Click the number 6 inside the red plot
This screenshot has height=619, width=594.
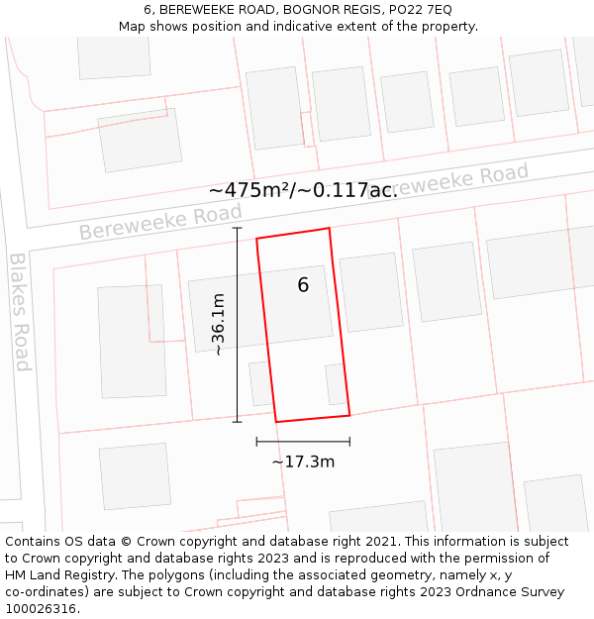tap(303, 285)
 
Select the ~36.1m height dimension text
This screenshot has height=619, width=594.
tap(219, 324)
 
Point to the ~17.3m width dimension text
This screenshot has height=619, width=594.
tap(303, 462)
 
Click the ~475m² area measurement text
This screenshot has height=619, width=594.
tap(303, 190)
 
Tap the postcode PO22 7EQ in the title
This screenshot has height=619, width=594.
tap(417, 9)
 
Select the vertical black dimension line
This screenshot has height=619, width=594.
tap(237, 325)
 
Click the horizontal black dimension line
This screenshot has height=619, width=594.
tap(303, 441)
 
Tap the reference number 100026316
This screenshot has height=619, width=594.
tap(40, 608)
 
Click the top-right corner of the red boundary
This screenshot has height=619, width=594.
tap(329, 228)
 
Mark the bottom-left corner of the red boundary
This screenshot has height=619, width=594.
tap(276, 422)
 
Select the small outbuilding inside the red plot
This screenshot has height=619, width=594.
tap(337, 384)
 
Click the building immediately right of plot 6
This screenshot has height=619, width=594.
tap(371, 291)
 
